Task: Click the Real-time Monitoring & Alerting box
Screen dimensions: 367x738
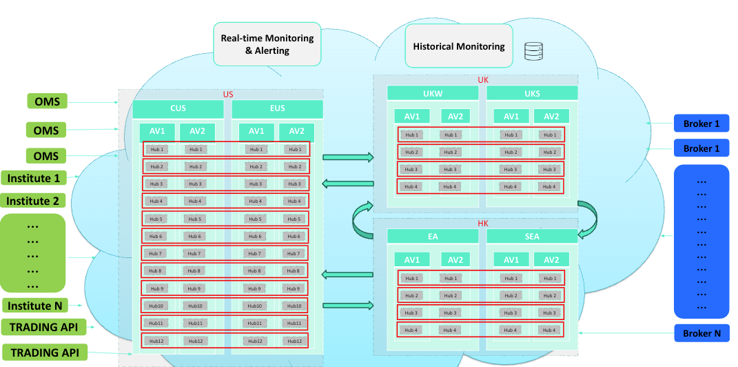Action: (267, 44)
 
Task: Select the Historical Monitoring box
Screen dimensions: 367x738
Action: (458, 47)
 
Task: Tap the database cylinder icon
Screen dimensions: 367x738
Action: (533, 50)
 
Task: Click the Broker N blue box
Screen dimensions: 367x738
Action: (701, 333)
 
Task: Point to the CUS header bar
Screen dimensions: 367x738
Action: (178, 108)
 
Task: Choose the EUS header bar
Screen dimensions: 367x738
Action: (277, 108)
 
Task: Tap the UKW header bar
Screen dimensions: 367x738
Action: (433, 93)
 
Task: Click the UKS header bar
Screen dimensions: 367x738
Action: (532, 93)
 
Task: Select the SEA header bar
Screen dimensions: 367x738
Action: (532, 237)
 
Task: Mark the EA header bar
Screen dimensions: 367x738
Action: (433, 237)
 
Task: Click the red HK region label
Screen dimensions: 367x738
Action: (482, 224)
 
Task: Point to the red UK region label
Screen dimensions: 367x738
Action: (483, 80)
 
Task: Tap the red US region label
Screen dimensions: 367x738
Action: (228, 95)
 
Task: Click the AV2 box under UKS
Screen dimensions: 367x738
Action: (551, 117)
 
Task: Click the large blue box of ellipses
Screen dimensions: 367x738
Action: (701, 239)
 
